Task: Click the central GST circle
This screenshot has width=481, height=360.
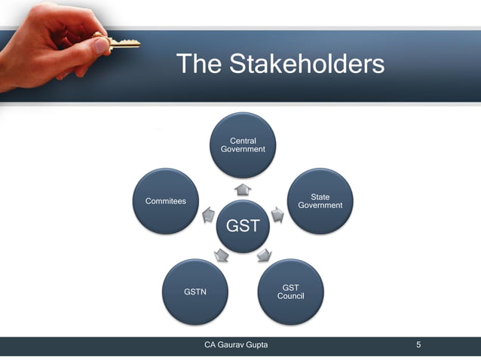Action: [243, 225]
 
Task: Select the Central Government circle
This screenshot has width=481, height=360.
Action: [243, 145]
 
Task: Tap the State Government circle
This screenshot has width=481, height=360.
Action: [320, 201]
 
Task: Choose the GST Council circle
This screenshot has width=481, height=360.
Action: [290, 292]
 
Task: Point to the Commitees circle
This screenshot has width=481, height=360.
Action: [166, 201]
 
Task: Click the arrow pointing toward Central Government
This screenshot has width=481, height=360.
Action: [243, 189]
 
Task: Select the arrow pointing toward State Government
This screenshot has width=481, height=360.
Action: [277, 215]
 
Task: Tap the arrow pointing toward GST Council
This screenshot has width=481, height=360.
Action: [265, 255]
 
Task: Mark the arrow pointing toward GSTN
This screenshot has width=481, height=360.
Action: [220, 255]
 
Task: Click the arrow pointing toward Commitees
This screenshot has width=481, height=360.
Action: [209, 216]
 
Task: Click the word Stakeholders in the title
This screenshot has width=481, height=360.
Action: [306, 64]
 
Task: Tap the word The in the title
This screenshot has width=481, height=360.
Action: [198, 64]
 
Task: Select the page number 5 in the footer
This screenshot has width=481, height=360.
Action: [418, 345]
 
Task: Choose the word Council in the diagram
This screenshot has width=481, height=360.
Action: [290, 296]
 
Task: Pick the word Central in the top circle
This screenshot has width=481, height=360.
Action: [243, 141]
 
